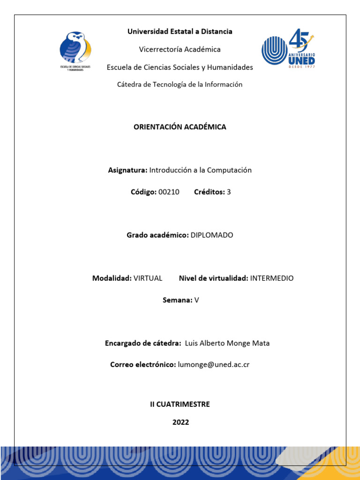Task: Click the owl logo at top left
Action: (75, 50)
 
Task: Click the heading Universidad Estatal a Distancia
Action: (180, 31)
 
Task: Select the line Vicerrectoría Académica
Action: (180, 49)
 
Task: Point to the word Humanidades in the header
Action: (230, 67)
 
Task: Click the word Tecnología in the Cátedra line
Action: (170, 84)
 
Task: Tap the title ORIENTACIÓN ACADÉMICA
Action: (180, 127)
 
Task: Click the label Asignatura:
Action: (127, 170)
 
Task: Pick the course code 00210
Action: (169, 192)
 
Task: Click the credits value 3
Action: (229, 192)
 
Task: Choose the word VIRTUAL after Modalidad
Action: (148, 278)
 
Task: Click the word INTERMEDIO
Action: (272, 278)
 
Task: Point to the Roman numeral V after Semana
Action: (197, 300)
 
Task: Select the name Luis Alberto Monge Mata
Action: (227, 343)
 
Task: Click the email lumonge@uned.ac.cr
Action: (214, 364)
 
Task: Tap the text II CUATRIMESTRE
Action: (180, 404)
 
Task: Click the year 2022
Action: (180, 422)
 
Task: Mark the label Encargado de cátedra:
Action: (143, 343)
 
